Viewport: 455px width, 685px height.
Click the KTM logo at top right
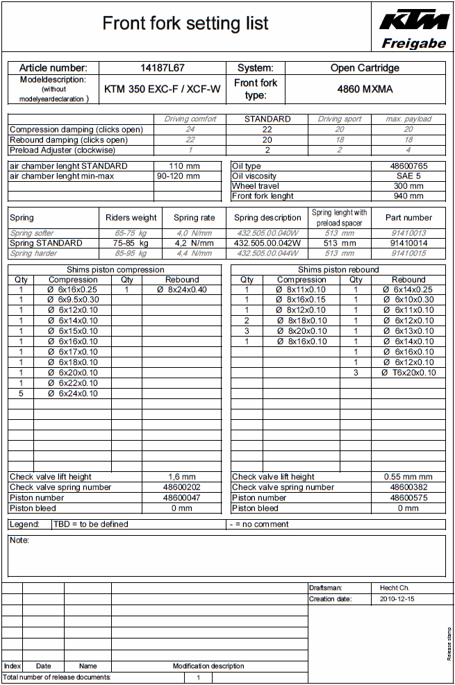[x=413, y=20]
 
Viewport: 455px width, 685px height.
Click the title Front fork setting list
[x=185, y=24]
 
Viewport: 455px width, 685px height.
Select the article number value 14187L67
[x=163, y=68]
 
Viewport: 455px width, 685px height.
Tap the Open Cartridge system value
[x=365, y=68]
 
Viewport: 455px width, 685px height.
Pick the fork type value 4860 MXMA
[x=365, y=89]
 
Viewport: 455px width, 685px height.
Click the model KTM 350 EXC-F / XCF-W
[x=163, y=89]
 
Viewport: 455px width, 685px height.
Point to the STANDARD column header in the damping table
[x=267, y=119]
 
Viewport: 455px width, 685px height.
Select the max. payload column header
[x=408, y=119]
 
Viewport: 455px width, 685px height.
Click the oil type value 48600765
[x=408, y=167]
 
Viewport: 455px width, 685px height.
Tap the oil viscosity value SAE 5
[x=408, y=176]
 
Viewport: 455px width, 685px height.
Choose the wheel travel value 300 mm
[x=408, y=186]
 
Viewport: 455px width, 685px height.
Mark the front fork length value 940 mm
[x=408, y=196]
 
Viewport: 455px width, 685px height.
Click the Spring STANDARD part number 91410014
[x=408, y=244]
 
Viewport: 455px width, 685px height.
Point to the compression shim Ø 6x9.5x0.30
[x=73, y=300]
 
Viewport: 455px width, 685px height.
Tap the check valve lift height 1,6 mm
[x=182, y=477]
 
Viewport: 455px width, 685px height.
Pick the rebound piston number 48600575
[x=408, y=498]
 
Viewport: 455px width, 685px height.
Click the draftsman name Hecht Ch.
[x=395, y=588]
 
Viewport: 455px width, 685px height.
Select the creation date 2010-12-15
[x=397, y=599]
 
